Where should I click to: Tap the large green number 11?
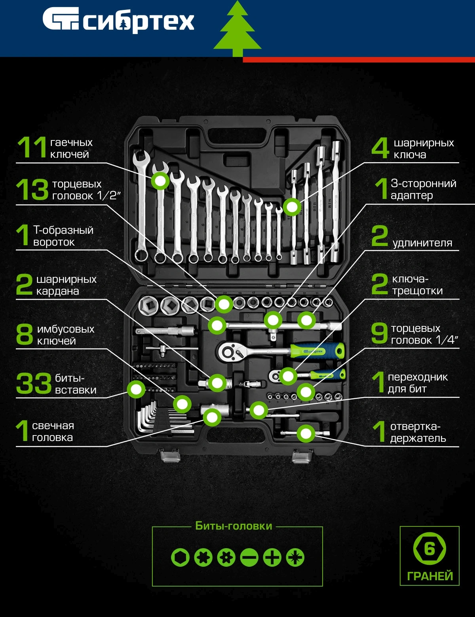[x=32, y=147]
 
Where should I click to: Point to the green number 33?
[x=34, y=383]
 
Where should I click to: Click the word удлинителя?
[x=422, y=243]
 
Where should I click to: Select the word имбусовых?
[x=66, y=329]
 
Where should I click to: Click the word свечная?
[x=53, y=426]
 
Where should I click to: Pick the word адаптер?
[x=412, y=196]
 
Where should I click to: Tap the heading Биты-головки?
[x=234, y=526]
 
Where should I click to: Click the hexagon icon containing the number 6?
[x=429, y=549]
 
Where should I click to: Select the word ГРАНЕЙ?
[x=430, y=576]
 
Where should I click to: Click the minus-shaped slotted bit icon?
[x=249, y=557]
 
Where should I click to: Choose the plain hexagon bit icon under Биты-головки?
[x=180, y=557]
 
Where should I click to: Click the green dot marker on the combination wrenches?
[x=160, y=181]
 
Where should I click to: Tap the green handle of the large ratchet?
[x=317, y=351]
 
